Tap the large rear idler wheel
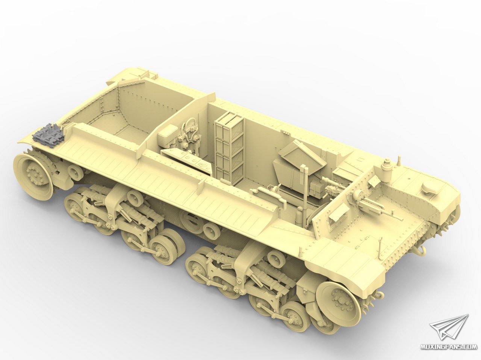click(x=34, y=173)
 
